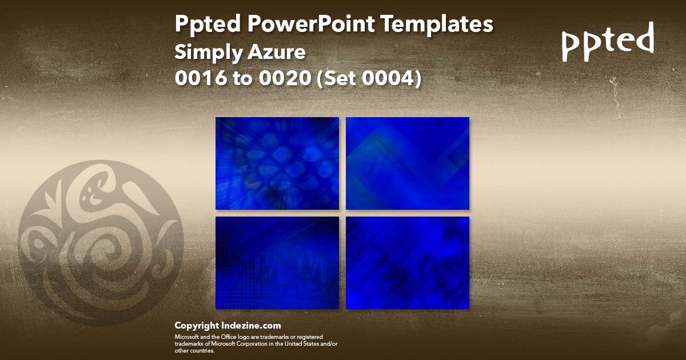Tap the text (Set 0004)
coord(369,78)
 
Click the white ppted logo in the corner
coord(608,42)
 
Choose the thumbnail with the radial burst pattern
coord(277,163)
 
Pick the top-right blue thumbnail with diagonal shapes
coord(408,163)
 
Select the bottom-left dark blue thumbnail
coord(277,263)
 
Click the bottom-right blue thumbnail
coord(408,263)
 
